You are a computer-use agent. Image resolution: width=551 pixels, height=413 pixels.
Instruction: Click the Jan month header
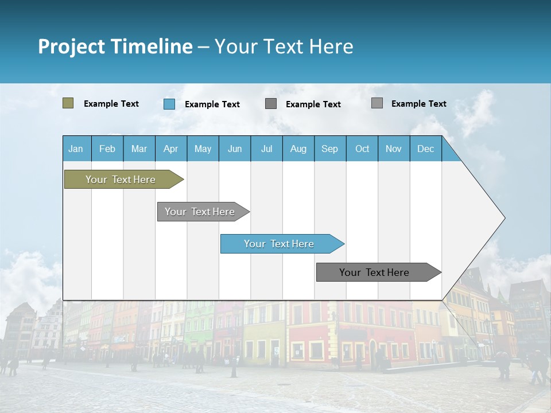click(x=76, y=149)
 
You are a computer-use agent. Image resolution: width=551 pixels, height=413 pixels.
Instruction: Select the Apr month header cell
click(x=171, y=149)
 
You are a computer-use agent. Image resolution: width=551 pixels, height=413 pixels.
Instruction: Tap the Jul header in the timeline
click(x=266, y=149)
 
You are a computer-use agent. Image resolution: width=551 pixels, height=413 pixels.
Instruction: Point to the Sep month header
click(x=330, y=149)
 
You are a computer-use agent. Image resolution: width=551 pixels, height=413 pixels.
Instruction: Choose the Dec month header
click(x=425, y=149)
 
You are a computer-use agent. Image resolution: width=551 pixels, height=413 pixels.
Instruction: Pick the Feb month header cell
click(x=107, y=149)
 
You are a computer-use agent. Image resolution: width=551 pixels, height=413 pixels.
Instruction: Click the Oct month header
click(x=362, y=149)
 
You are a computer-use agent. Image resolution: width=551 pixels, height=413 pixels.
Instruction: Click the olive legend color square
click(x=68, y=103)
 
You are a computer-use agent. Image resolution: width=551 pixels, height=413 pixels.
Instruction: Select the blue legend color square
click(x=169, y=104)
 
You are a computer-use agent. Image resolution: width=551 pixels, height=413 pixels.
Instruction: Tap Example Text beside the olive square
click(x=111, y=104)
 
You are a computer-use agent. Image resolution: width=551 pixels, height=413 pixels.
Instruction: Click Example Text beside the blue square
click(x=212, y=104)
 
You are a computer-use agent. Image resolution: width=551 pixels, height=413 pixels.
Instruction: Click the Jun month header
click(x=235, y=149)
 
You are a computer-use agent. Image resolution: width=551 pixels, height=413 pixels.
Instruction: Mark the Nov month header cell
click(x=394, y=149)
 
